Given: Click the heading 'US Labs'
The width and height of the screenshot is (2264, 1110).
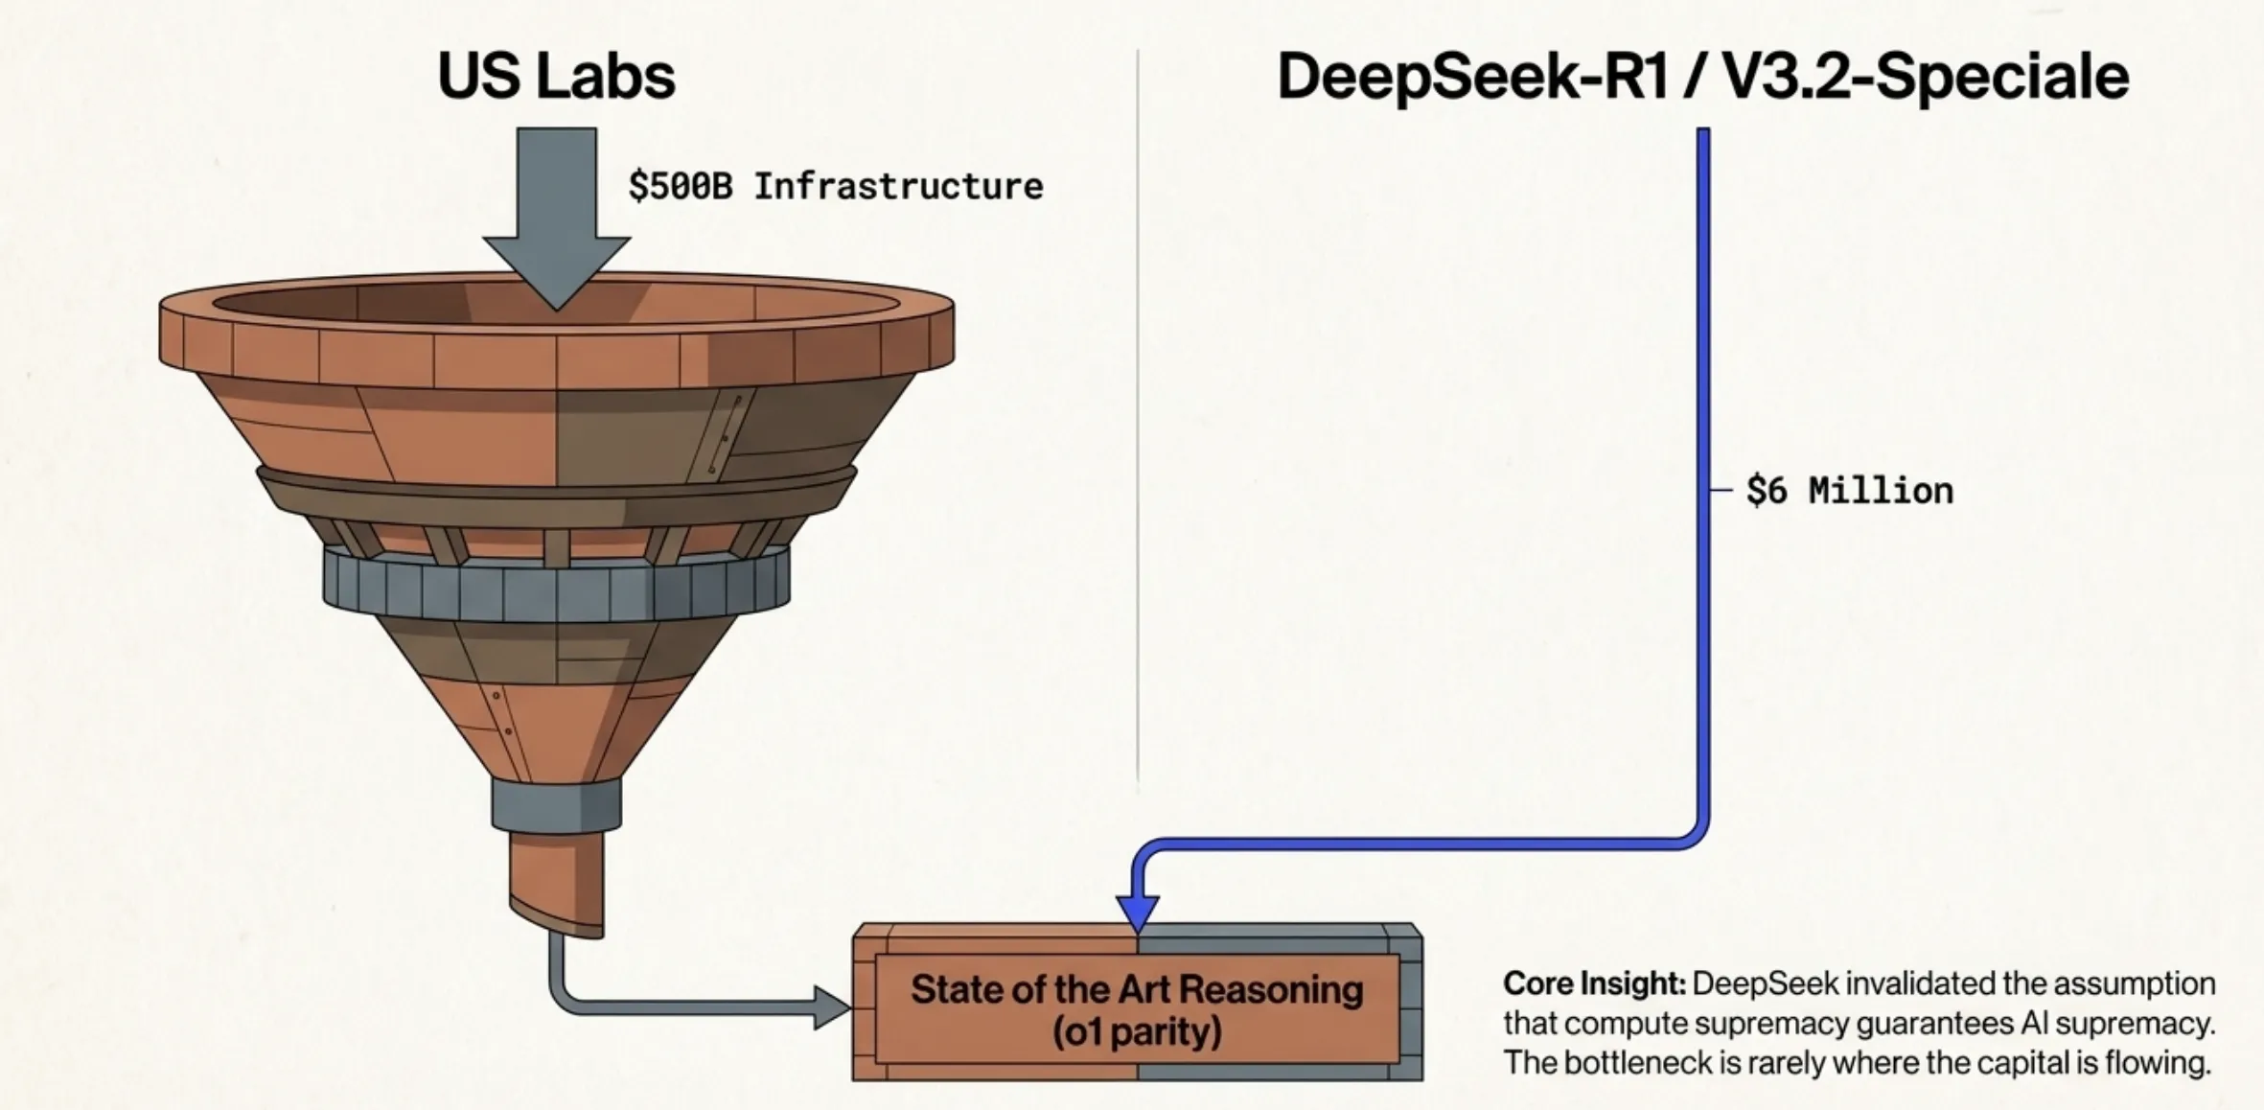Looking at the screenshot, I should (556, 76).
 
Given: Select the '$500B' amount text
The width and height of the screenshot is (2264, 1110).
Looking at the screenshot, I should (681, 186).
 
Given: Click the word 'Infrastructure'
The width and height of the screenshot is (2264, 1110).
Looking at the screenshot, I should (898, 186).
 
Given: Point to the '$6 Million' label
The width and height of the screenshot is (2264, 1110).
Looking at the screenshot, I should (1849, 491).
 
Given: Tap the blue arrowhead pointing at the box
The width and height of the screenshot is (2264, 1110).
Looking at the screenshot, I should (1138, 912).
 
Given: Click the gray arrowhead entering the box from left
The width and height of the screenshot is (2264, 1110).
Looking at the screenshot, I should (830, 1007).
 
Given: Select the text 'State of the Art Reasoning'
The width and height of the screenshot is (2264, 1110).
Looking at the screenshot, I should (1137, 989).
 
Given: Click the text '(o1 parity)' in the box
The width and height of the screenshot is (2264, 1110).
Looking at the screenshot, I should (1137, 1032).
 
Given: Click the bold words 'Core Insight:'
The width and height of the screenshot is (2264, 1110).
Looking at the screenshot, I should (1593, 983).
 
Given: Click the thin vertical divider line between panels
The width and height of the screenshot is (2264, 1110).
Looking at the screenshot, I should (1138, 412).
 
